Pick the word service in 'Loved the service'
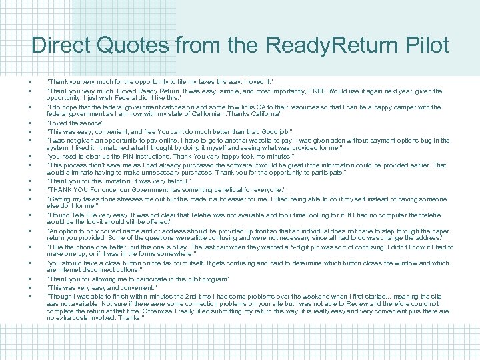(x=89, y=123)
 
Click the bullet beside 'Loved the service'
(x=31, y=123)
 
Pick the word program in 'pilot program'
(x=210, y=279)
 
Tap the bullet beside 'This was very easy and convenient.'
(x=31, y=287)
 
